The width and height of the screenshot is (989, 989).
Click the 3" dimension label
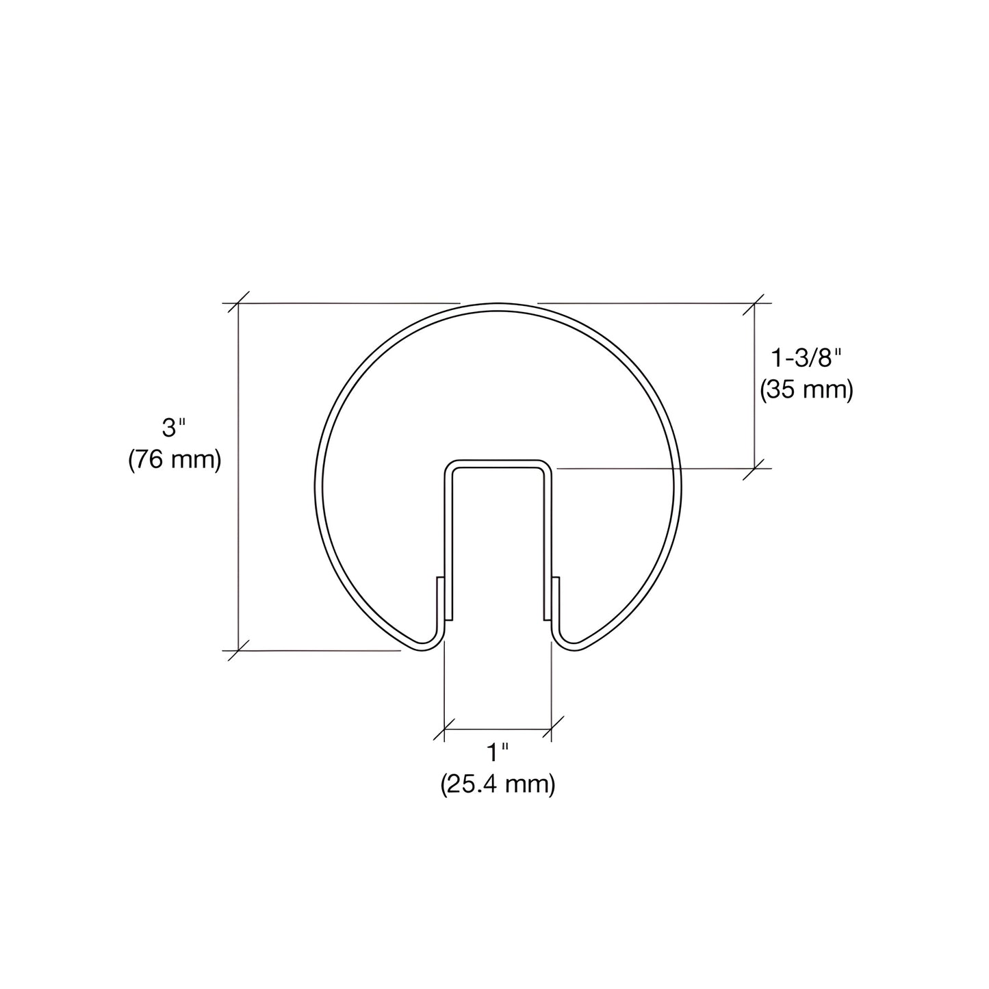[173, 429]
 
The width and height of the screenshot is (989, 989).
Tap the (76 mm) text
[175, 459]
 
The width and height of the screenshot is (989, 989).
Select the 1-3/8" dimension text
[806, 357]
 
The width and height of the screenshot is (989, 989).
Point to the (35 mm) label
[806, 389]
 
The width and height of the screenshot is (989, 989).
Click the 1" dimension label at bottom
[498, 754]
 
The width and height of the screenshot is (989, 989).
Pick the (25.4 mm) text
[498, 784]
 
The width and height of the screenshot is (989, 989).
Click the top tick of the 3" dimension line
[238, 303]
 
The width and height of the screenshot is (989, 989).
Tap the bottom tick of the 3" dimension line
[238, 650]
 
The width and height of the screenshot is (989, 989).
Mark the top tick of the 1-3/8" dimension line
[755, 303]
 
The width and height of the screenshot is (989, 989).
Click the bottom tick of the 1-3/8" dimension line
[755, 468]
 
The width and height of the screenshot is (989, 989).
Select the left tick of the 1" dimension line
[445, 730]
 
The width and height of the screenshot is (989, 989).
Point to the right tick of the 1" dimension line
[552, 730]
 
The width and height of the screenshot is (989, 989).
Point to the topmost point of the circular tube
[498, 304]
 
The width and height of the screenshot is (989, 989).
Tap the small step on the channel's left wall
[439, 579]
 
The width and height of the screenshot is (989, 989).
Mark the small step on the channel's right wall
[556, 579]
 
